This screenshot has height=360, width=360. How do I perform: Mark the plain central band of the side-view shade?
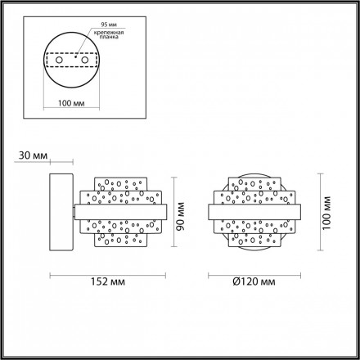[123, 212]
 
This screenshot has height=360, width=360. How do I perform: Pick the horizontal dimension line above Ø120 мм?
[252, 273]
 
